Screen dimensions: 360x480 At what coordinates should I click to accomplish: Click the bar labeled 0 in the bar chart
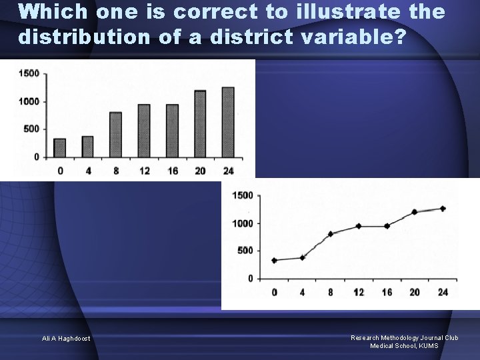60,148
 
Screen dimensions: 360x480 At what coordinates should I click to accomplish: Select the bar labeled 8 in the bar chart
116,135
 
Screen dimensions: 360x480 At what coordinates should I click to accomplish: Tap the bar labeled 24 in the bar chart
228,123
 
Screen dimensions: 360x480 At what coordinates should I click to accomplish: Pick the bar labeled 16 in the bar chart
172,131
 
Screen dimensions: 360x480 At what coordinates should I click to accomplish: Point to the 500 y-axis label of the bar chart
31,129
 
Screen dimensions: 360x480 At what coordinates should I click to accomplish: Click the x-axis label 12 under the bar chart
144,171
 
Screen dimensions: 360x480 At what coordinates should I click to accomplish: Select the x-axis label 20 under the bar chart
200,171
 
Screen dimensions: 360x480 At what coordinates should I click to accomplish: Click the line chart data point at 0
274,260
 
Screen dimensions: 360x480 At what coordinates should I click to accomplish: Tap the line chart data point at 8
330,234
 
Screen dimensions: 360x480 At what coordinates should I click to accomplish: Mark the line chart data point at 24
443,209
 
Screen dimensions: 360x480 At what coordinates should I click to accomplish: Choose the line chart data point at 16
387,226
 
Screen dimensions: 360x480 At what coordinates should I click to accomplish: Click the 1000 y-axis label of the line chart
242,223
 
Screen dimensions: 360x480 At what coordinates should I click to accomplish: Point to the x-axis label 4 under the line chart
302,292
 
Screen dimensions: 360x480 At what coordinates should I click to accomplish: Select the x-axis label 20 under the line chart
415,292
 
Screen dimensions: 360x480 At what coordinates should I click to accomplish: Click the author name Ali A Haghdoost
67,339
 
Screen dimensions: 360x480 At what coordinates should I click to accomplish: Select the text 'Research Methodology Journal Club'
405,338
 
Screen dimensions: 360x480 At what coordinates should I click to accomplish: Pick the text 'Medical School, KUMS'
405,345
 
